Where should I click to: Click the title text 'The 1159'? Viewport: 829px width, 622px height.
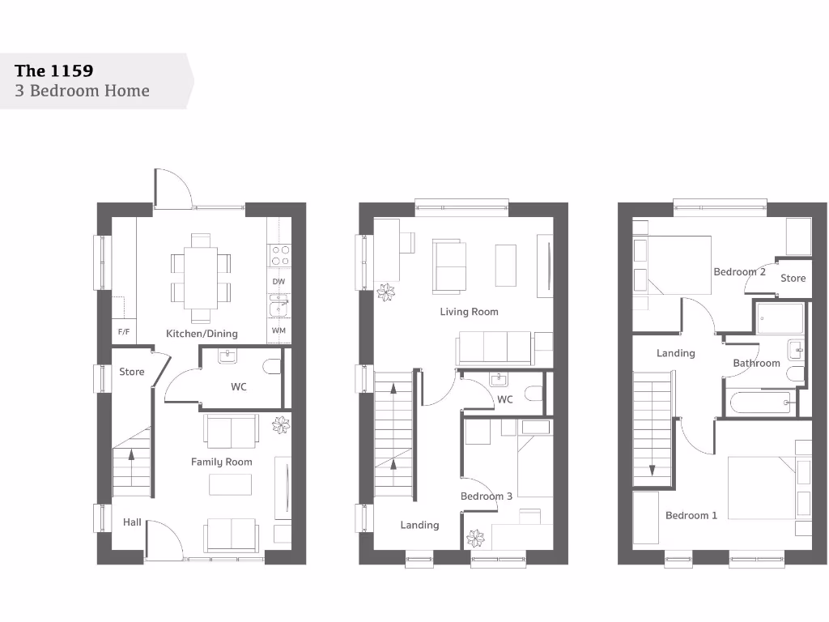click(x=53, y=70)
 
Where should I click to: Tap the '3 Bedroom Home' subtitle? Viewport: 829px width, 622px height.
click(x=82, y=91)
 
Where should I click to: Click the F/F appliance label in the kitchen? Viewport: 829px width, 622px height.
click(x=124, y=332)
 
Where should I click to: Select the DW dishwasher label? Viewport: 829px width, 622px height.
click(x=278, y=282)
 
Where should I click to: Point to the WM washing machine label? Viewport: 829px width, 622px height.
click(x=278, y=330)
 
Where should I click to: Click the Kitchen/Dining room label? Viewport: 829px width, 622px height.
click(x=202, y=334)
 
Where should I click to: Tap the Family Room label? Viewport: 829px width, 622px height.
click(x=221, y=462)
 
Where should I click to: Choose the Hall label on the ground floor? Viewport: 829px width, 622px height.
click(x=132, y=522)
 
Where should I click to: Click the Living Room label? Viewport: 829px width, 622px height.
click(x=469, y=312)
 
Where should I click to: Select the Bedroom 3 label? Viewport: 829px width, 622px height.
click(x=486, y=496)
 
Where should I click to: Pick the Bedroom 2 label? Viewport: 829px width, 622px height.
click(x=739, y=272)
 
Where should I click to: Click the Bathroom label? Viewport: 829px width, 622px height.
click(x=756, y=364)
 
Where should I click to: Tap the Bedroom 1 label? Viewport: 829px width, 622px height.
click(x=691, y=516)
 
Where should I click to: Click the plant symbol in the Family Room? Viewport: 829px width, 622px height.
click(x=280, y=424)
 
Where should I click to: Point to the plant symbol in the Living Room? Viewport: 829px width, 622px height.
click(x=386, y=292)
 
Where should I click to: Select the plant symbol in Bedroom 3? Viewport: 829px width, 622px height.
click(x=475, y=538)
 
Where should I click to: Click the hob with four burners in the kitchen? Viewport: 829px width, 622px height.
click(x=280, y=255)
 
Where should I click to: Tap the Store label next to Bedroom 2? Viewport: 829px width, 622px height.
click(x=793, y=279)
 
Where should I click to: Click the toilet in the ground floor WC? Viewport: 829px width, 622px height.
click(x=272, y=368)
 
